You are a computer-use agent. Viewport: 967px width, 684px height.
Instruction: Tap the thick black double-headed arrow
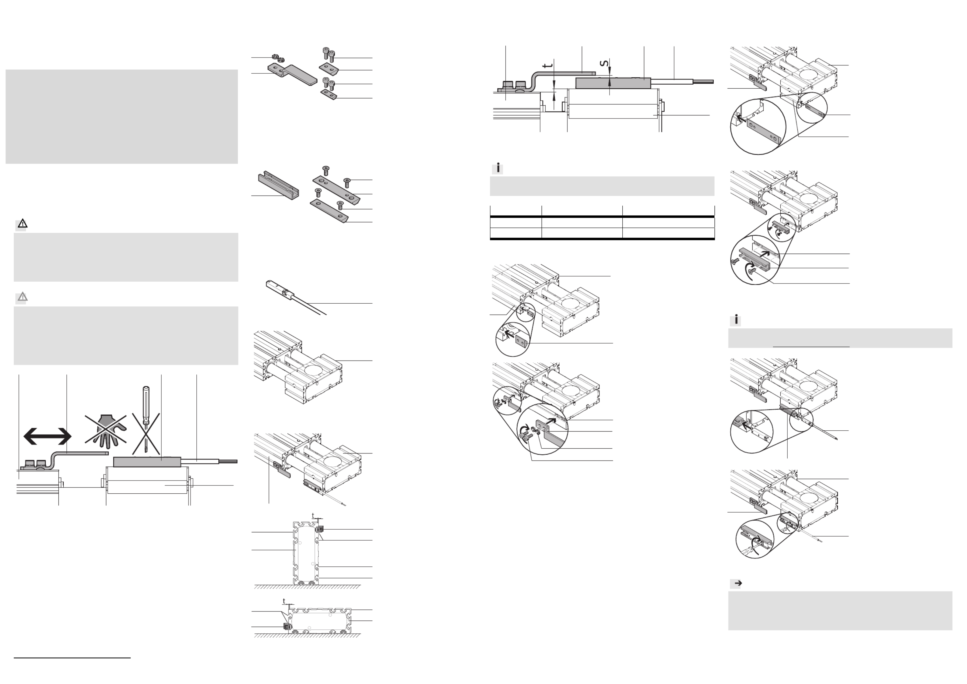coord(47,436)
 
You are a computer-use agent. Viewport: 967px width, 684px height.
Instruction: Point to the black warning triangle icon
coord(22,224)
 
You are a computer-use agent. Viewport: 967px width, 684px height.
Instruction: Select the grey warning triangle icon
coord(22,297)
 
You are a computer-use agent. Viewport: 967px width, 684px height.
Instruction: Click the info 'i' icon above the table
coord(498,168)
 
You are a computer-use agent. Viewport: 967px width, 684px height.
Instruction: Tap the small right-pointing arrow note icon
coord(737,583)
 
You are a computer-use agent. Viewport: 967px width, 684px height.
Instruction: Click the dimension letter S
coord(604,64)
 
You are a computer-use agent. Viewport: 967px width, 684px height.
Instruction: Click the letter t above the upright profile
coord(313,516)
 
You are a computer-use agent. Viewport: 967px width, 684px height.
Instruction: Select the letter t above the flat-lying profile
coord(284,601)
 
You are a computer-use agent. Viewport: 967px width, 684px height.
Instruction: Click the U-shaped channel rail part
coord(278,186)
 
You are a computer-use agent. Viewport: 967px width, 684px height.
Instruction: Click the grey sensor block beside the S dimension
coord(613,83)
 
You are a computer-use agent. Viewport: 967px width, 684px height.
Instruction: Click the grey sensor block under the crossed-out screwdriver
coord(147,462)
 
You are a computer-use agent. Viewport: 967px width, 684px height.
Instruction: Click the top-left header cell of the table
coord(515,211)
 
